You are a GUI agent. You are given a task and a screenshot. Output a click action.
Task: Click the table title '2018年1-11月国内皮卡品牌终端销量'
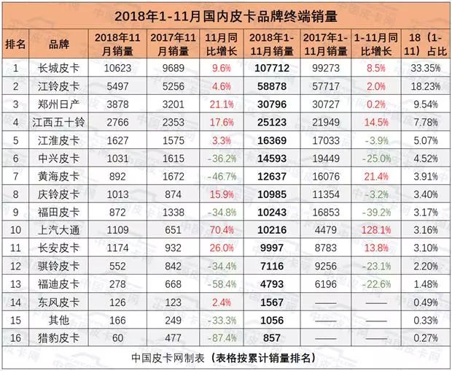[227, 15]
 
